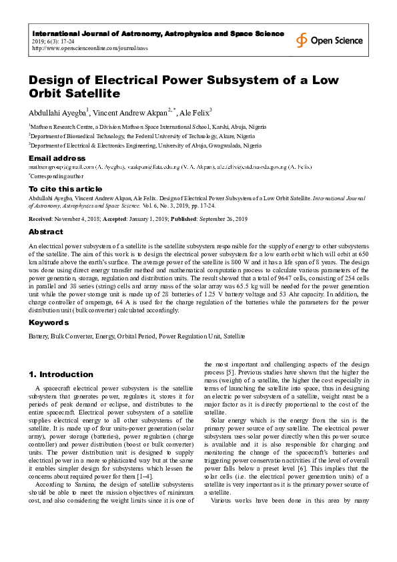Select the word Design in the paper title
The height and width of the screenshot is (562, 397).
[55, 80]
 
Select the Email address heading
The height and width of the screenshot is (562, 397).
[56, 158]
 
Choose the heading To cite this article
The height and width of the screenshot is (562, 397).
[65, 189]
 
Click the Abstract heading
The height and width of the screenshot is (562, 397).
[45, 232]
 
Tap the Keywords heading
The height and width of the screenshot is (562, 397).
[49, 322]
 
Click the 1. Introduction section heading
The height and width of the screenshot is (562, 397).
[61, 374]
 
